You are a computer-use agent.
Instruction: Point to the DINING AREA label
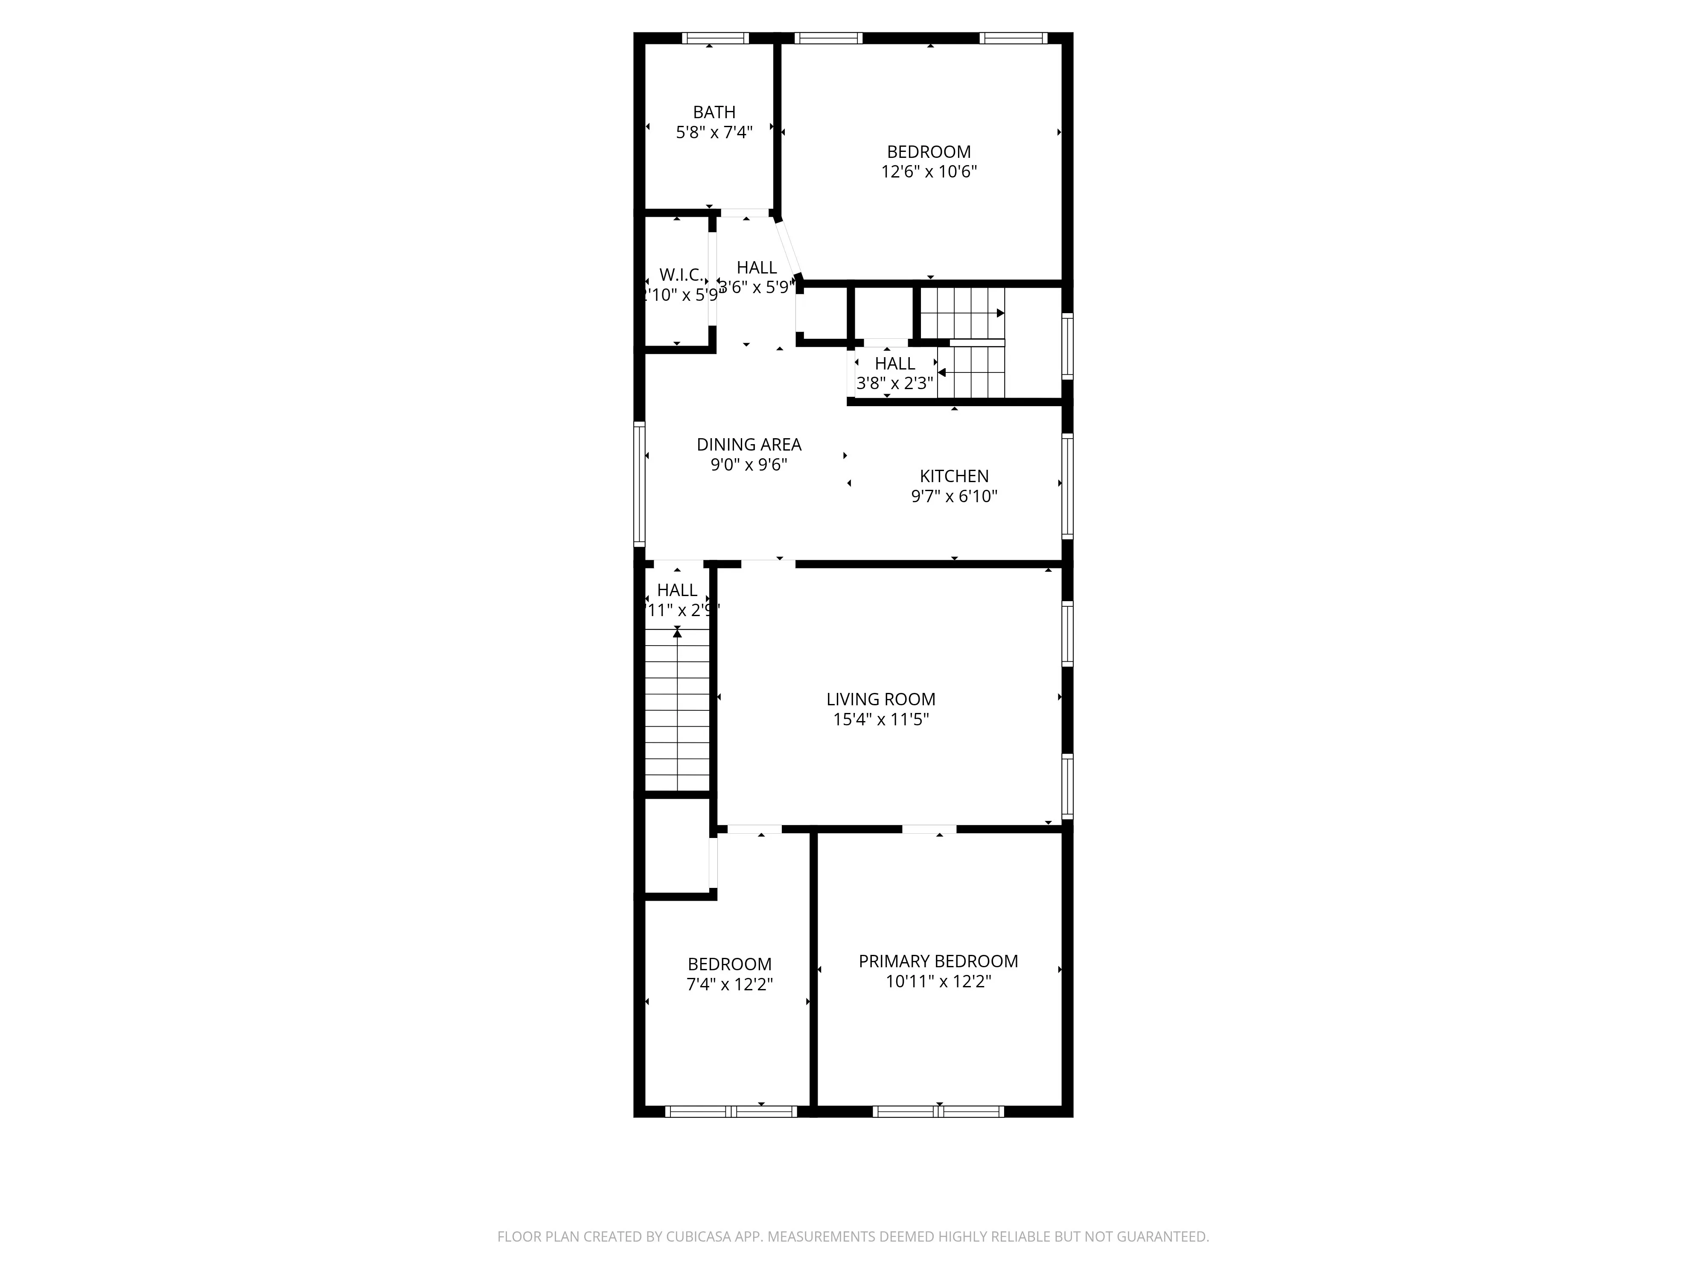[749, 445]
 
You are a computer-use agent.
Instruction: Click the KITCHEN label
[954, 476]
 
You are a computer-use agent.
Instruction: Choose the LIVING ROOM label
[880, 699]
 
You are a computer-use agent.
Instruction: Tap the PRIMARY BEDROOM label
[938, 961]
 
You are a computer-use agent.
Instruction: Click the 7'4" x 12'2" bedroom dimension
[729, 984]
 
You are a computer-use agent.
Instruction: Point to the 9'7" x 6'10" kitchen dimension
[954, 496]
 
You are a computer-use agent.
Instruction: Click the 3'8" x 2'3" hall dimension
[894, 383]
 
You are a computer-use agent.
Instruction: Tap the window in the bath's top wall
[715, 38]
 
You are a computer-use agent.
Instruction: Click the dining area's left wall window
[639, 484]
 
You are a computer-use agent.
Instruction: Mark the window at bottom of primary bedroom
[938, 1112]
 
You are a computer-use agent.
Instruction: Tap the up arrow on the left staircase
[677, 633]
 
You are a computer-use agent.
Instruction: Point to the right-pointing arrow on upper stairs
[1000, 313]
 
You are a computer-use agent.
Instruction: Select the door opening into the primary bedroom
[929, 829]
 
